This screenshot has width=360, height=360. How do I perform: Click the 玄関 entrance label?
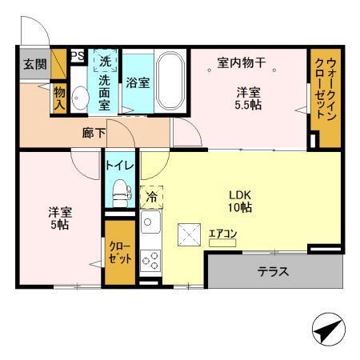(x=34, y=64)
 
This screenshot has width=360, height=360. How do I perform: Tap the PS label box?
(x=78, y=56)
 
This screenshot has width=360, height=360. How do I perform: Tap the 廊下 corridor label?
(x=94, y=134)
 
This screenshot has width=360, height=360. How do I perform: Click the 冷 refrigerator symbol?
(x=151, y=194)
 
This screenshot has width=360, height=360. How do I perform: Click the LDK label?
(x=238, y=194)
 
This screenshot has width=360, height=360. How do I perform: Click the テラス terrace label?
(x=273, y=271)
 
